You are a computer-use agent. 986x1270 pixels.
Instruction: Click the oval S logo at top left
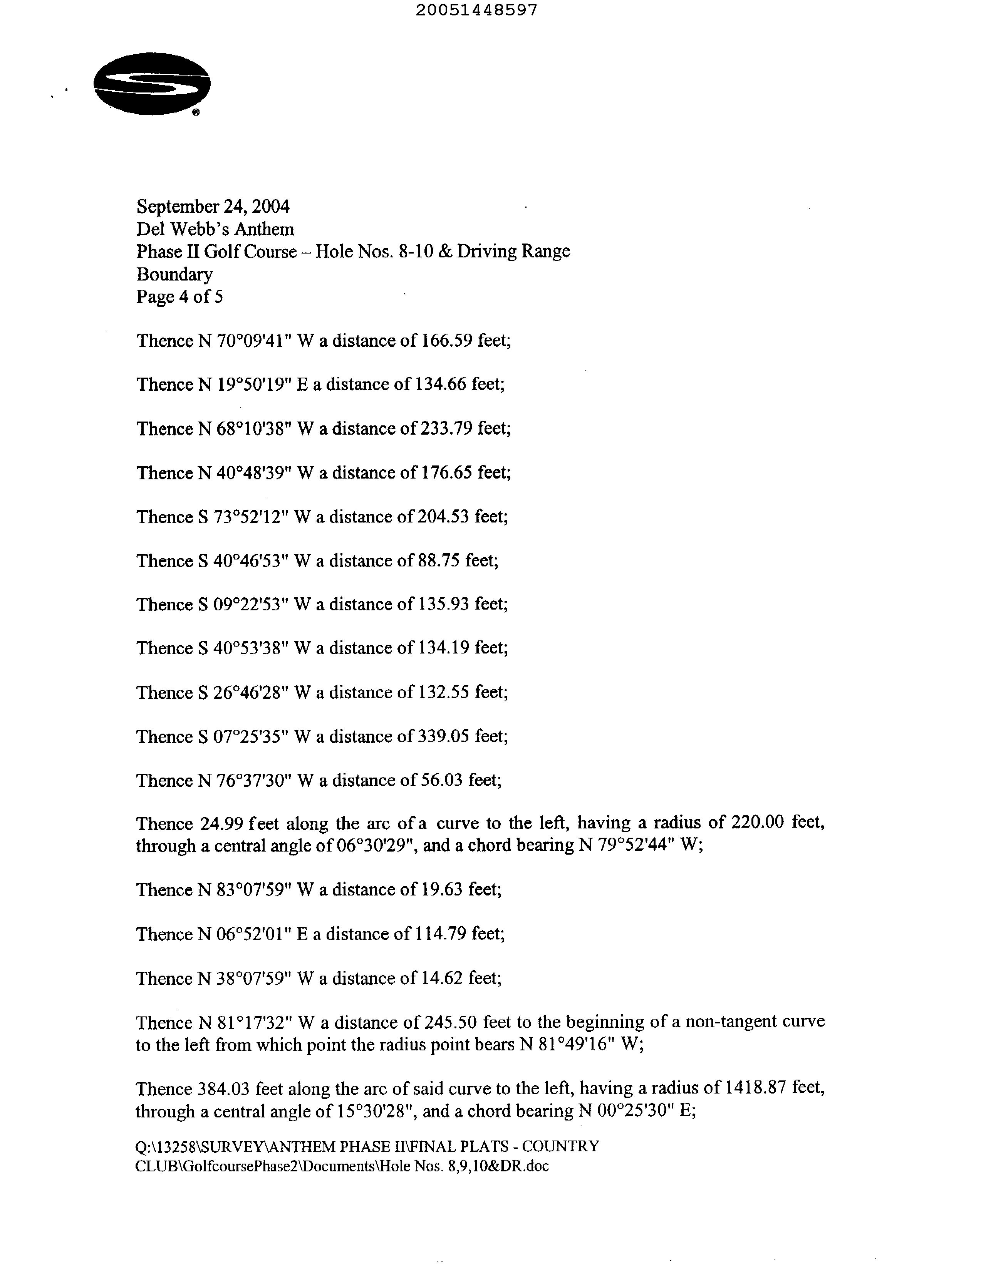pyautogui.click(x=152, y=84)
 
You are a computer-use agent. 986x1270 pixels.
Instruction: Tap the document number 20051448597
pyautogui.click(x=477, y=10)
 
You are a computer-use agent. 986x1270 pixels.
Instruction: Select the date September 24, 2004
pyautogui.click(x=213, y=207)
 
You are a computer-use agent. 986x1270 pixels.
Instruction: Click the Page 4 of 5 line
pyautogui.click(x=179, y=297)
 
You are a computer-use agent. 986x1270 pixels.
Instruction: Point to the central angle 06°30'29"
pyautogui.click(x=377, y=845)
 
